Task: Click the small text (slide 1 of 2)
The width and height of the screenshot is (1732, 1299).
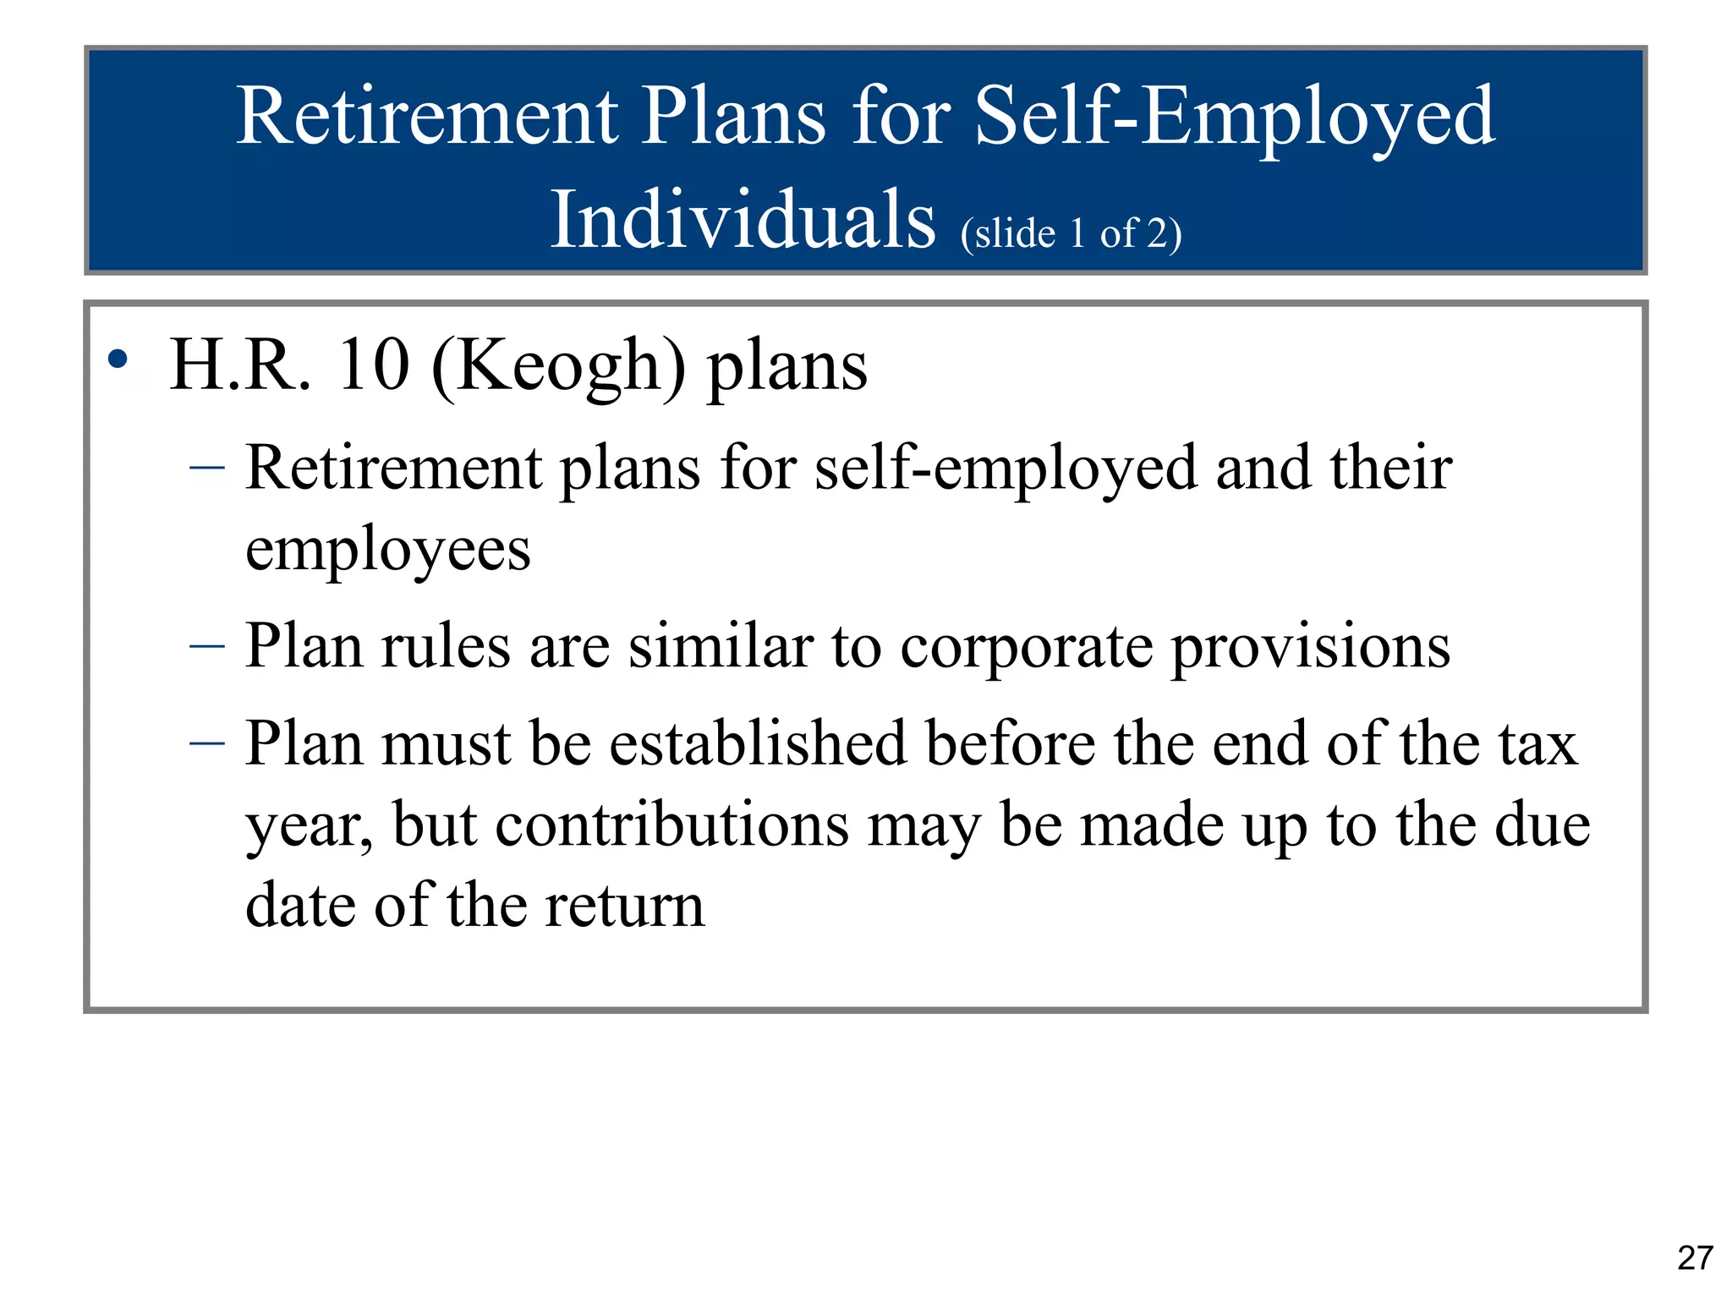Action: [x=1071, y=233]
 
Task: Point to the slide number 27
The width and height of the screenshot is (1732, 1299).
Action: [x=1695, y=1258]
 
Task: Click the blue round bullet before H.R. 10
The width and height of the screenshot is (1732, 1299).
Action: [x=118, y=360]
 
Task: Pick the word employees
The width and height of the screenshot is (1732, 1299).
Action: [x=387, y=550]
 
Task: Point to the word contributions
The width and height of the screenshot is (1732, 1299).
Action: [x=671, y=825]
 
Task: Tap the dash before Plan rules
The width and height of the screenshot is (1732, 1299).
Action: [x=207, y=647]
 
